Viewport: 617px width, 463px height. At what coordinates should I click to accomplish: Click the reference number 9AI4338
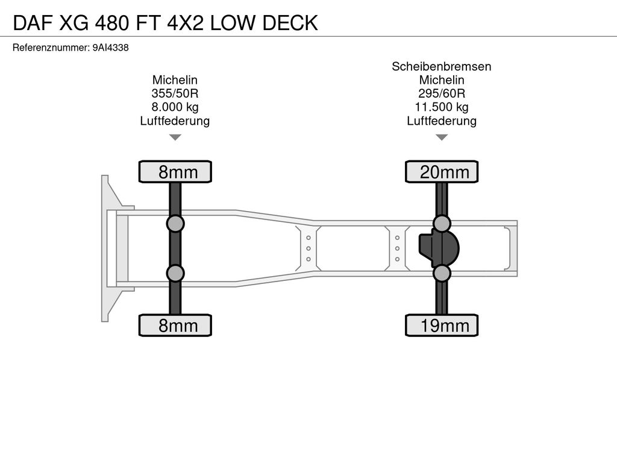coord(111,48)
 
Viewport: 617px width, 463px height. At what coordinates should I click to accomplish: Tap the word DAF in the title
coord(33,23)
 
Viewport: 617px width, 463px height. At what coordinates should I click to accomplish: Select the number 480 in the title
coord(111,23)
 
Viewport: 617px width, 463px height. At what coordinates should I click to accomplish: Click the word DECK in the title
coord(290,23)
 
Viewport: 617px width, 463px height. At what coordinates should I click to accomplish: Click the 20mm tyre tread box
coord(442,172)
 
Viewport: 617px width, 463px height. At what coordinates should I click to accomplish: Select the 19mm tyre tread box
coord(442,325)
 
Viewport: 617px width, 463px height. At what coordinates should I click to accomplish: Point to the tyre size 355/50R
coord(175,93)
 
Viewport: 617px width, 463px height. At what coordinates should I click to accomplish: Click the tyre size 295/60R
coord(442,93)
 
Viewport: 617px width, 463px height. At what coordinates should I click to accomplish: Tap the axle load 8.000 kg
coord(175,107)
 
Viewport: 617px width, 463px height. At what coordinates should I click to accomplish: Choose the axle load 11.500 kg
coord(442,107)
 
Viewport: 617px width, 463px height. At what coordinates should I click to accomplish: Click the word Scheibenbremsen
coord(442,66)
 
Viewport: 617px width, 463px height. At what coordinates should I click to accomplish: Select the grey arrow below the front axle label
coord(175,137)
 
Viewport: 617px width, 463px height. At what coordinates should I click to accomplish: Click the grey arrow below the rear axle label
coord(442,137)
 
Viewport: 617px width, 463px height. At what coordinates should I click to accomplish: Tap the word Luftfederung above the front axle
coord(175,121)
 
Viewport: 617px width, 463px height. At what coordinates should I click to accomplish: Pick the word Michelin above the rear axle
coord(442,80)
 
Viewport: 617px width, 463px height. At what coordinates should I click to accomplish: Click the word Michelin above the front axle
coord(175,80)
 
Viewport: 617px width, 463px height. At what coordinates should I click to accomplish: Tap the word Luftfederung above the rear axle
coord(442,121)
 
